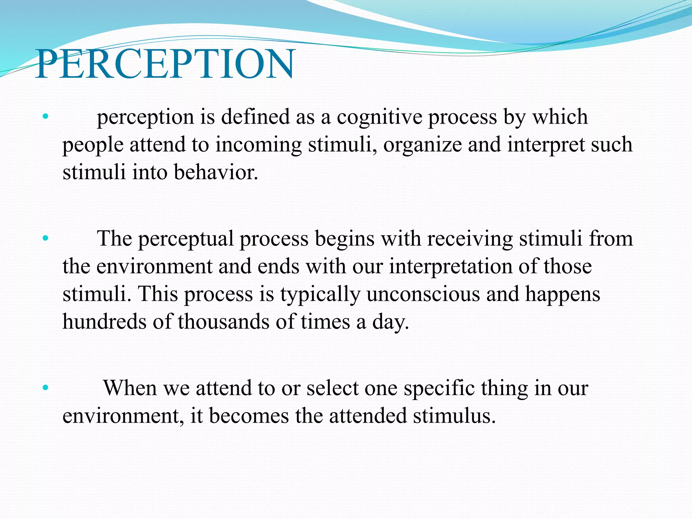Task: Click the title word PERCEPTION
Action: (165, 64)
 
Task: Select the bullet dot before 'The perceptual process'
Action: (46, 239)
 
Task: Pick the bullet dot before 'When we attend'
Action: (46, 388)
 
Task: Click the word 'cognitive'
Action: (379, 117)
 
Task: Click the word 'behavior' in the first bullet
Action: (215, 172)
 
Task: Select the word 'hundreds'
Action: (104, 322)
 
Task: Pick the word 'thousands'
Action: (223, 322)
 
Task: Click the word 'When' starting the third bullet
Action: (130, 388)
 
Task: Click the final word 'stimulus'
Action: (454, 416)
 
